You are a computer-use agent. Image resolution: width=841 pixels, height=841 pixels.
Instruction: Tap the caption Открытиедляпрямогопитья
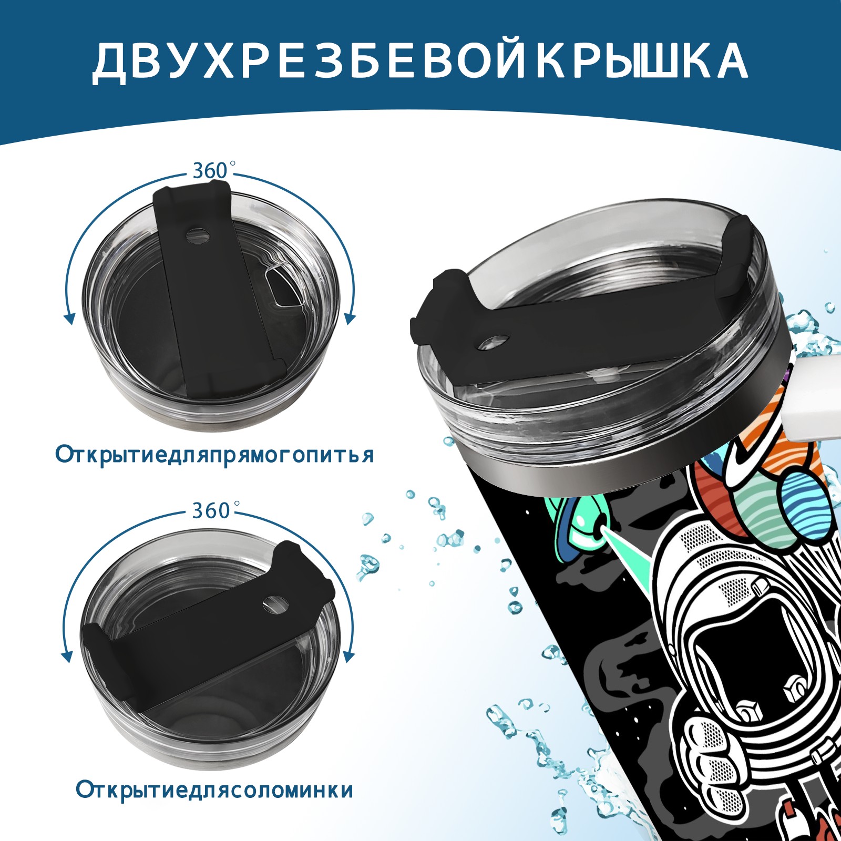pos(214,455)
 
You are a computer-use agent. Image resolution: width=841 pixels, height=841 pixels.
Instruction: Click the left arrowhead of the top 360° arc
pos(68,319)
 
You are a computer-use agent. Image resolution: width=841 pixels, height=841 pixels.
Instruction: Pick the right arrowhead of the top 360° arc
pos(351,319)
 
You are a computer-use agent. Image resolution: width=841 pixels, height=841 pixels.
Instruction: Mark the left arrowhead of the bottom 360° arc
pos(67,657)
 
